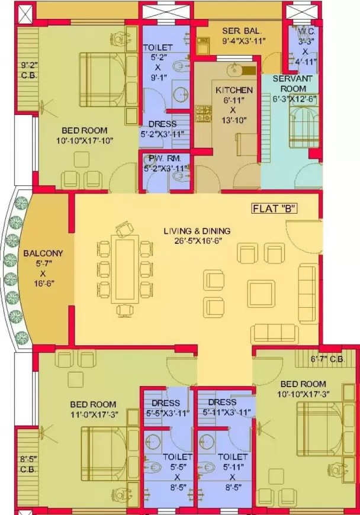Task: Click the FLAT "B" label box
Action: tap(274, 208)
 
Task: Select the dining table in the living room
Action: tap(126, 269)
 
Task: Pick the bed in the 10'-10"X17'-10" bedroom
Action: tap(104, 79)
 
